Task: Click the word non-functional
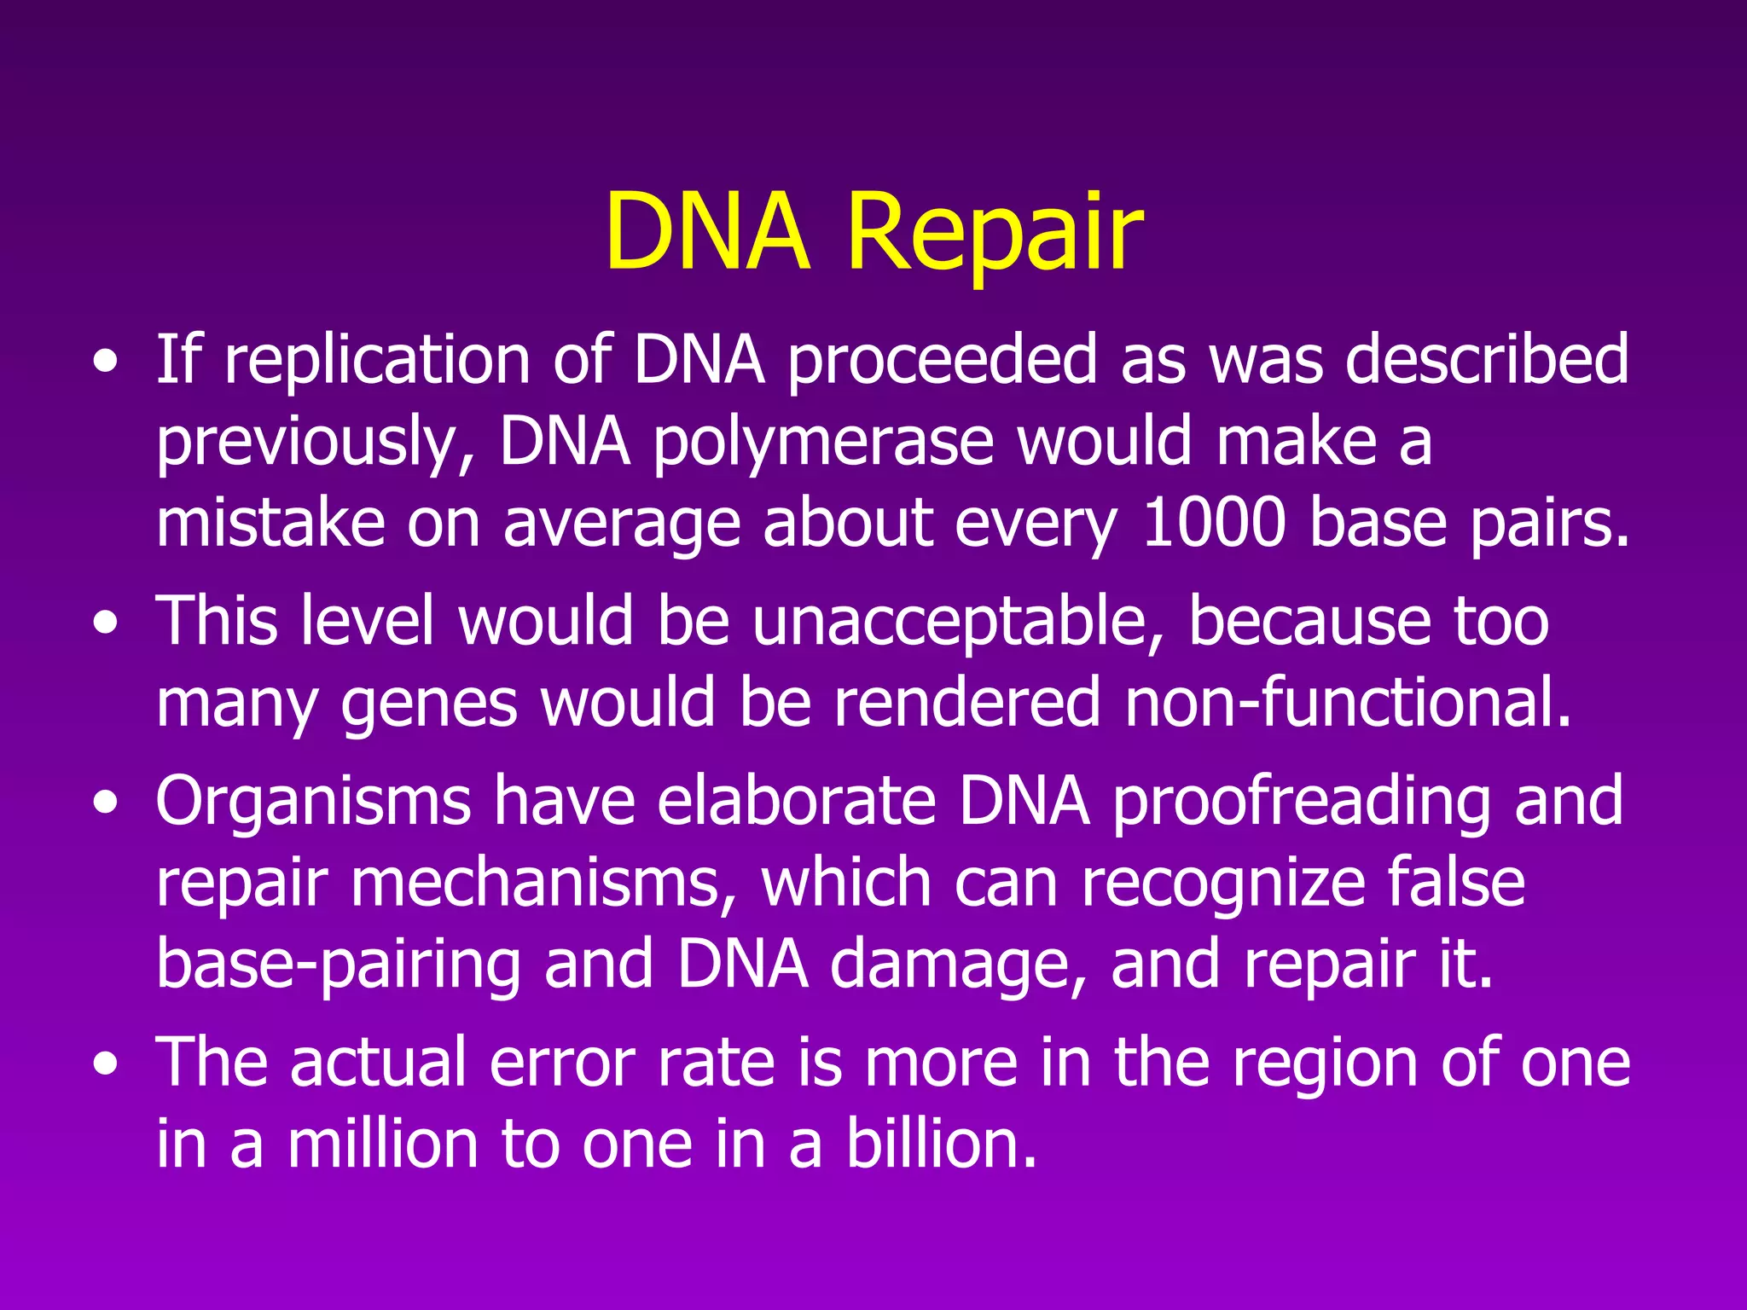point(1348,703)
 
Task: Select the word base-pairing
point(339,965)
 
